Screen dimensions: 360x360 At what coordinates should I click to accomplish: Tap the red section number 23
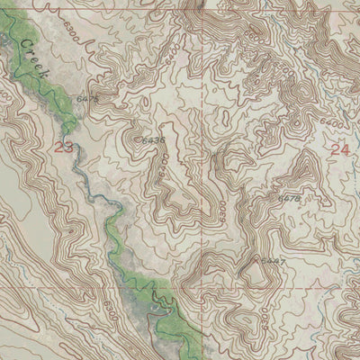point(63,147)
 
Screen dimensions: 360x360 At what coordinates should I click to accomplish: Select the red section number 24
point(339,150)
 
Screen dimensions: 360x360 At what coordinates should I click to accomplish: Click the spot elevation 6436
point(154,140)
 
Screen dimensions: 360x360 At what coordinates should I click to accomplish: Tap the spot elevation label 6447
point(274,261)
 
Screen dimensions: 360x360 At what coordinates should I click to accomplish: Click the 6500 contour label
point(282,68)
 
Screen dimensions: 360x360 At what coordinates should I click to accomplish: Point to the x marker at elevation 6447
point(260,260)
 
